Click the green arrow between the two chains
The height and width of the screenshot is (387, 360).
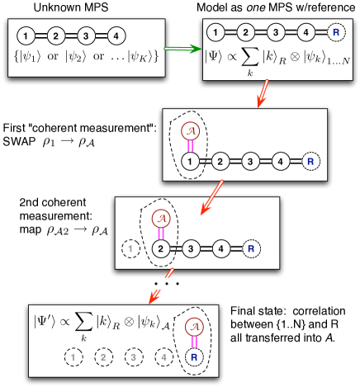(181, 49)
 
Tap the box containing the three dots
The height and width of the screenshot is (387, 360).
(163, 283)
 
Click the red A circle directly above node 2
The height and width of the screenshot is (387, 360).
(163, 218)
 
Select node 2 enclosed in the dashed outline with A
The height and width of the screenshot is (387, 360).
(163, 247)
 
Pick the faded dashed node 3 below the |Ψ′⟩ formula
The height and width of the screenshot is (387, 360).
(134, 357)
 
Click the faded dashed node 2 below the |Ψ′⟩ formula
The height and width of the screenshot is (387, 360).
(103, 357)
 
